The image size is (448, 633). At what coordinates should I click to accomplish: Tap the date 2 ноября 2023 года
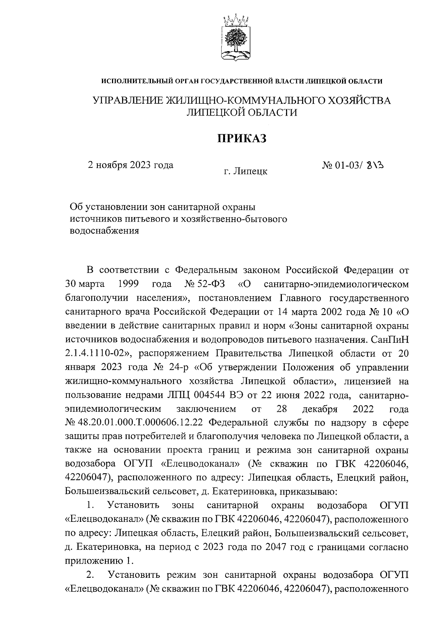(130, 165)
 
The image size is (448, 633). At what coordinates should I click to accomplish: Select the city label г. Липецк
(245, 171)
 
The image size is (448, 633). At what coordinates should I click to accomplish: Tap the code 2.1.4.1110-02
(97, 353)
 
